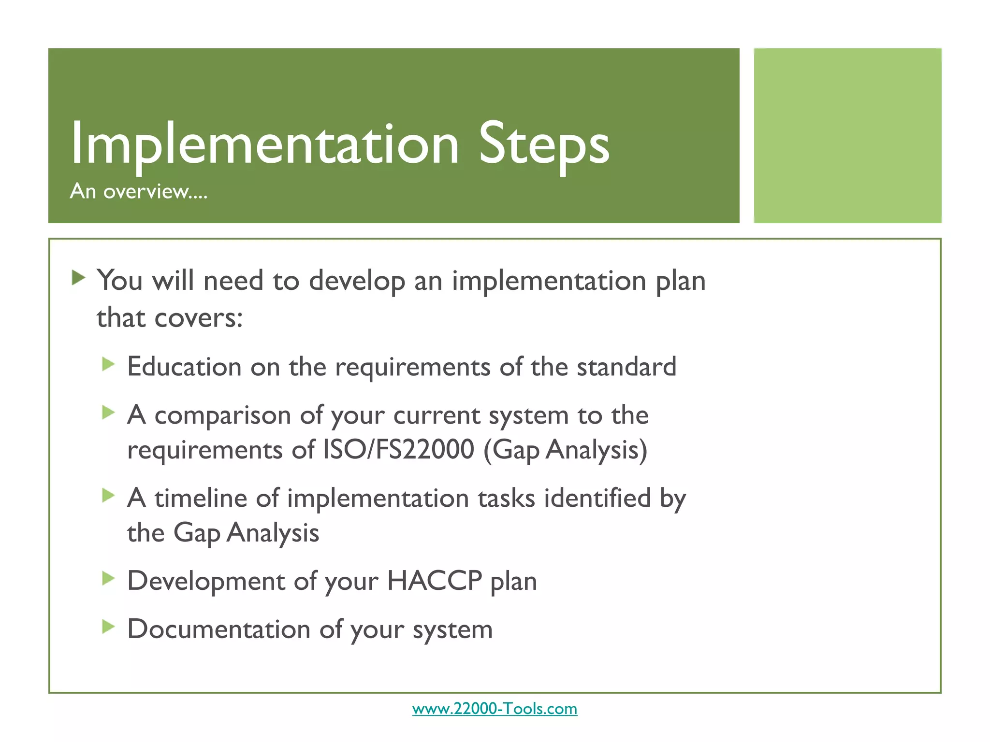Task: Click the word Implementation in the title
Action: pos(264,144)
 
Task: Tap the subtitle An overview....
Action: pos(139,191)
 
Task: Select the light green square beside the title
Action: pos(847,135)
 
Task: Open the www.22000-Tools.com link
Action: pos(495,709)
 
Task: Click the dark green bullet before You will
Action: pos(78,278)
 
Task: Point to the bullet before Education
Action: pos(108,364)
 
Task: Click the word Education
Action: pos(184,367)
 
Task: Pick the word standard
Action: pos(626,367)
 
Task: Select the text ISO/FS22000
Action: pos(398,450)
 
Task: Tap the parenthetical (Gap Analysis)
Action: pos(565,450)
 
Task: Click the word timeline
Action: pos(201,498)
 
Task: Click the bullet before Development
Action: pos(108,578)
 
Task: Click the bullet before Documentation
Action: pos(108,627)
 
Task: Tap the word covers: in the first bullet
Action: pos(198,318)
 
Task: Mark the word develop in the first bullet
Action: pos(357,281)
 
